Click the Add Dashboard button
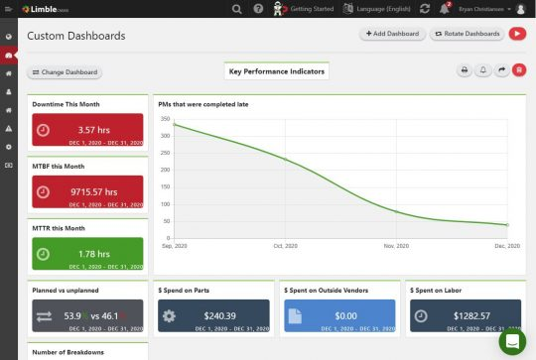point(393,34)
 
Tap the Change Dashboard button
point(66,72)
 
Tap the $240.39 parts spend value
point(221,315)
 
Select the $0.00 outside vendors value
point(345,315)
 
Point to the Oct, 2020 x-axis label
point(286,245)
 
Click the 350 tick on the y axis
point(166,119)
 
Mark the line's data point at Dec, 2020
point(507,225)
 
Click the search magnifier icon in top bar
point(236,9)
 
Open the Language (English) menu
point(376,9)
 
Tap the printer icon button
point(464,70)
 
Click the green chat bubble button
point(512,341)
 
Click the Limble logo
point(46,9)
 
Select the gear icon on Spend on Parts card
point(170,315)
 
